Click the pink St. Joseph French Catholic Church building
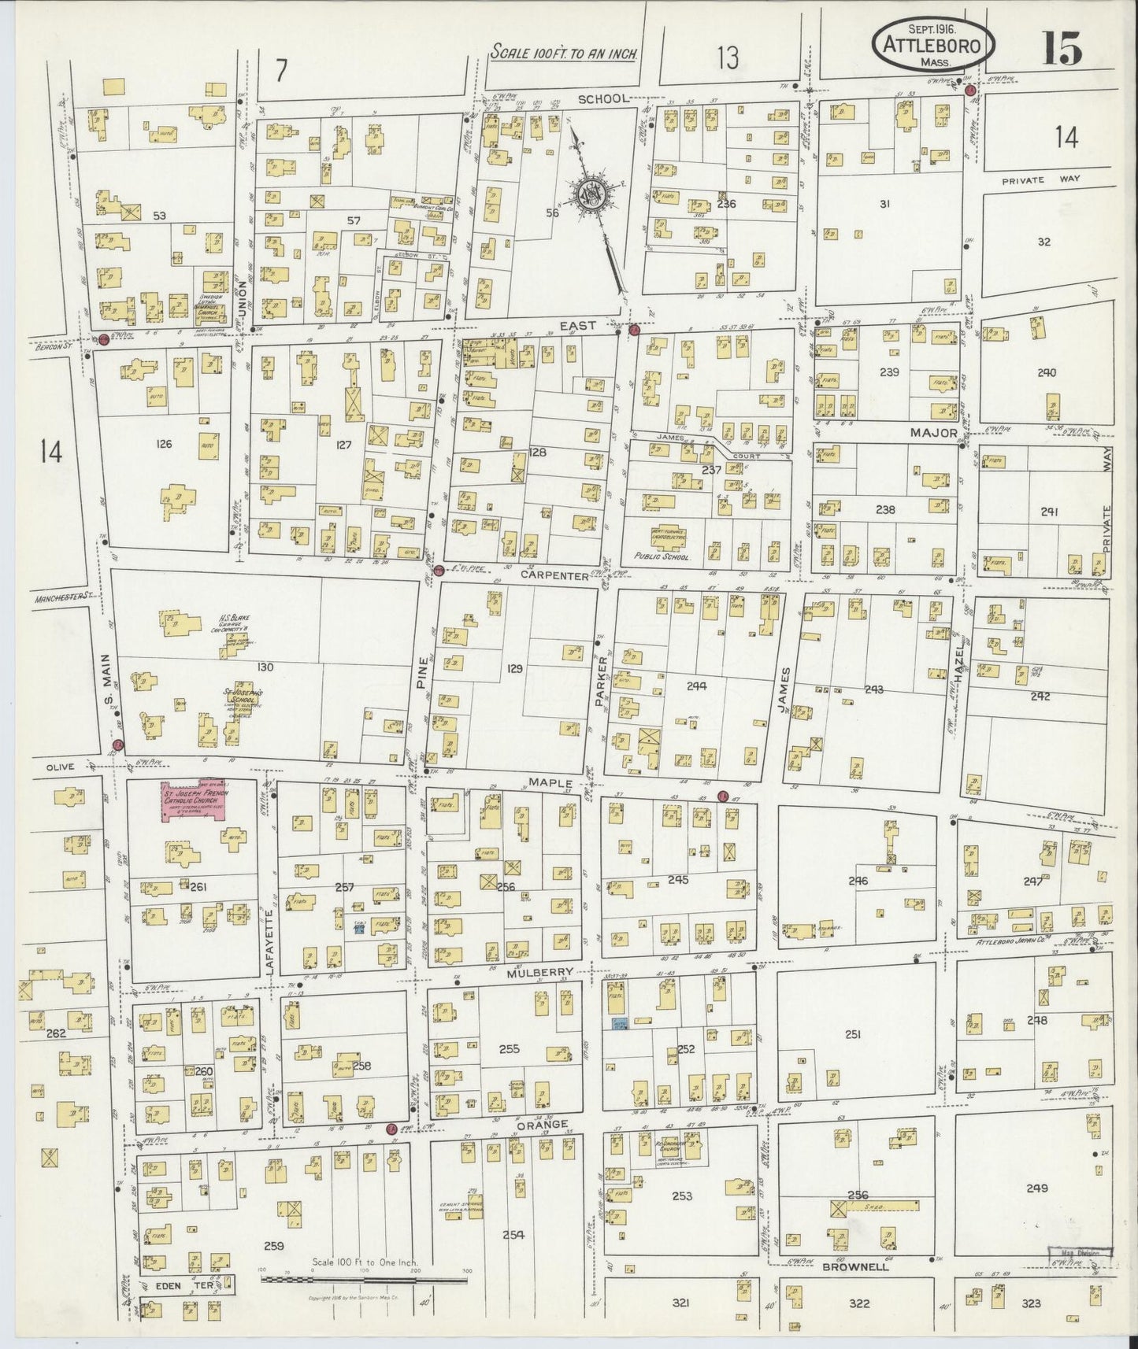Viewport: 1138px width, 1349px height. pyautogui.click(x=193, y=802)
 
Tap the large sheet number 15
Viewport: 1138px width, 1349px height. pyautogui.click(x=1062, y=50)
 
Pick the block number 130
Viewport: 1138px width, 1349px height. pyautogui.click(x=265, y=667)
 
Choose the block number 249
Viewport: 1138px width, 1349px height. pyautogui.click(x=1037, y=1188)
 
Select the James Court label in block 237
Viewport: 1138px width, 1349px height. pyautogui.click(x=685, y=438)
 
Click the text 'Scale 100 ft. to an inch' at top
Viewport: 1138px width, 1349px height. pyautogui.click(x=562, y=53)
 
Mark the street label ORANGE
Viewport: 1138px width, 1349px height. pyautogui.click(x=541, y=1125)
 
